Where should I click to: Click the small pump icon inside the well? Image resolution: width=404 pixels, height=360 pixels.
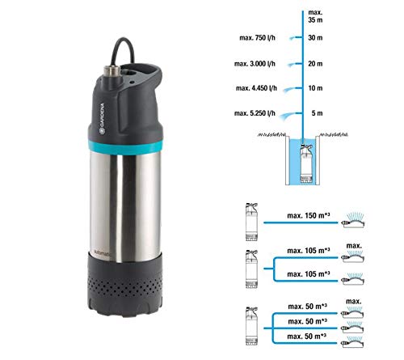point(307,153)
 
